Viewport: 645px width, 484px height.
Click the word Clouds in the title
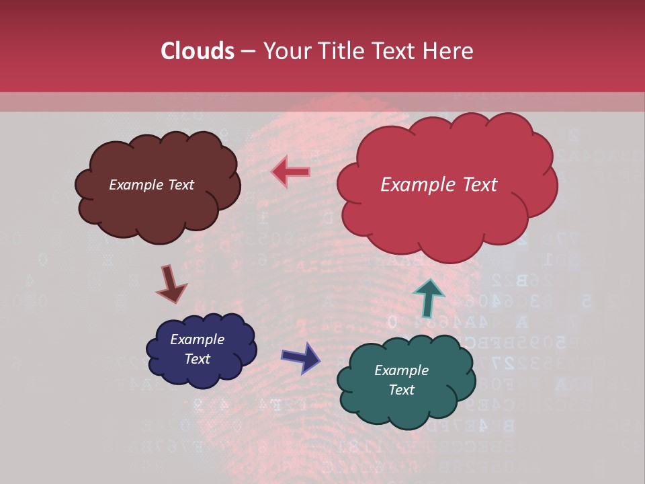click(197, 51)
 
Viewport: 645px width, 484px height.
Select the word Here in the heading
click(449, 51)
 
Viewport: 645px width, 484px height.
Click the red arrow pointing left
click(290, 172)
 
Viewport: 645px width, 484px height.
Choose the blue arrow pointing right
click(301, 357)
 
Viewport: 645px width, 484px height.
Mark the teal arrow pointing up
click(428, 296)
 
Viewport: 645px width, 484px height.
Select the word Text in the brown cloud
click(181, 185)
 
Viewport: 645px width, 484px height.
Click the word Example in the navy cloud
click(197, 339)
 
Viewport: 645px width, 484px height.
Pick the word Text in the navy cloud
click(197, 359)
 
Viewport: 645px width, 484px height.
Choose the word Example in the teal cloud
click(401, 370)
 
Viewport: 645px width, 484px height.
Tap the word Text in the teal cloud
click(401, 390)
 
